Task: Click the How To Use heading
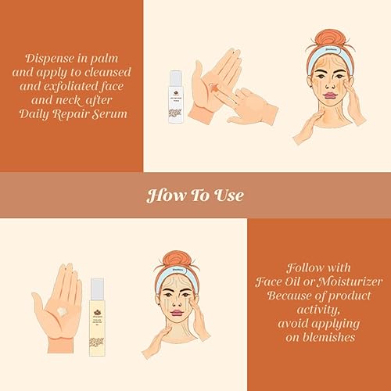tap(195, 195)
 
